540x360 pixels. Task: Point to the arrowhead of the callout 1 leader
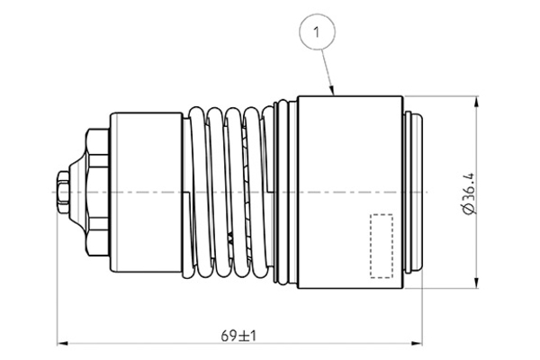(x=335, y=94)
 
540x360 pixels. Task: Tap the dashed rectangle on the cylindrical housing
(x=382, y=245)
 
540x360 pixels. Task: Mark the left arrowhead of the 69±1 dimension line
(x=61, y=343)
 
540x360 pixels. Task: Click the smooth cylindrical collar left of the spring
(x=146, y=192)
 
